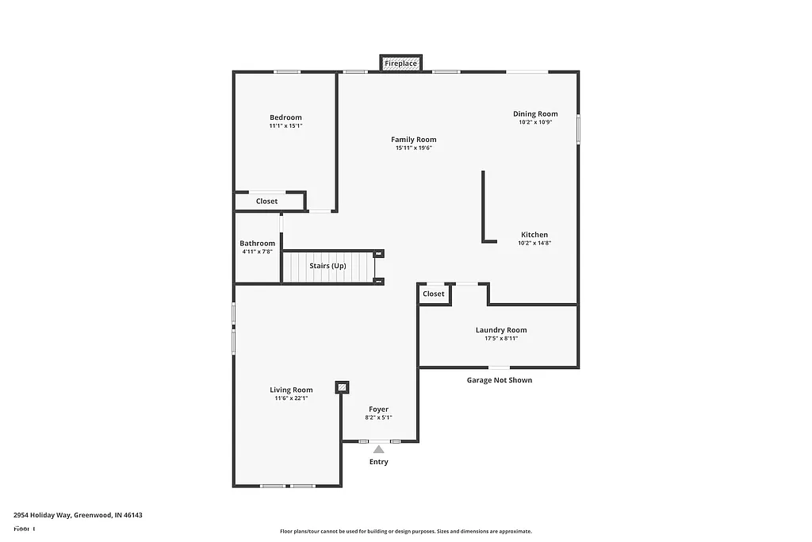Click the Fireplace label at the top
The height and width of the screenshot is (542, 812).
(x=400, y=63)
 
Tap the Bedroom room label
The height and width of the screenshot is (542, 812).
(x=285, y=117)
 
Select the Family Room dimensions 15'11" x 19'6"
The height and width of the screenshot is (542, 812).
(x=413, y=148)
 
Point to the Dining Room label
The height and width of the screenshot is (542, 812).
(x=535, y=113)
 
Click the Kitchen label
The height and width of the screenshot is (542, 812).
(x=534, y=235)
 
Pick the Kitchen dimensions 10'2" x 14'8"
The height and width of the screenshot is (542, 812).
(x=534, y=243)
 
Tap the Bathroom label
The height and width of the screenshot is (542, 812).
(x=258, y=244)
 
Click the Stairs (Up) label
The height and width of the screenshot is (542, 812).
(x=327, y=266)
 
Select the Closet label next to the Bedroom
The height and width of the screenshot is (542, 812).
(x=266, y=202)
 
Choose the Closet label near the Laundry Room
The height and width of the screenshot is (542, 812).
(x=434, y=294)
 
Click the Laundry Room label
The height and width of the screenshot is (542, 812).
(x=500, y=330)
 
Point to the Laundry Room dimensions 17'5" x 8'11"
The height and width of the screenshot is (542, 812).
(x=500, y=338)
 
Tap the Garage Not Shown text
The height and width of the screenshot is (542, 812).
(x=499, y=380)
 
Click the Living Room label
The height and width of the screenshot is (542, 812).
(x=291, y=390)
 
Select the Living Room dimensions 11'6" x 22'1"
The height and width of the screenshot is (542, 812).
(x=291, y=398)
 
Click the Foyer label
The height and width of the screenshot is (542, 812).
(x=378, y=409)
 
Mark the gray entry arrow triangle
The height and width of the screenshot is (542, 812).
(x=379, y=450)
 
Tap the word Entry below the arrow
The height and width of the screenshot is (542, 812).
(x=379, y=462)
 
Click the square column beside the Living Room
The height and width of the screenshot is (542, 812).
(x=342, y=387)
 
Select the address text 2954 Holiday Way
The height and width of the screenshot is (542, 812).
(x=44, y=515)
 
